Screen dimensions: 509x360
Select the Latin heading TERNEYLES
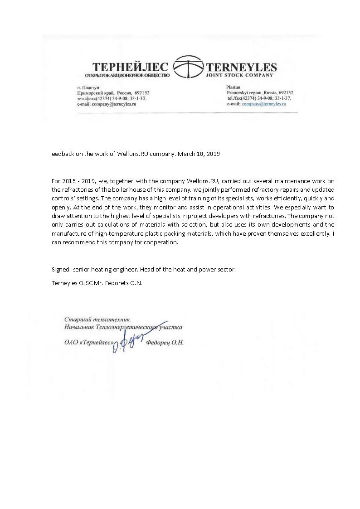point(241,67)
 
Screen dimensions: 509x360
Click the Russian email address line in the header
point(107,104)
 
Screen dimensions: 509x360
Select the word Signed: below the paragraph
point(61,269)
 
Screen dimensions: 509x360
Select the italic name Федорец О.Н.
point(165,343)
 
